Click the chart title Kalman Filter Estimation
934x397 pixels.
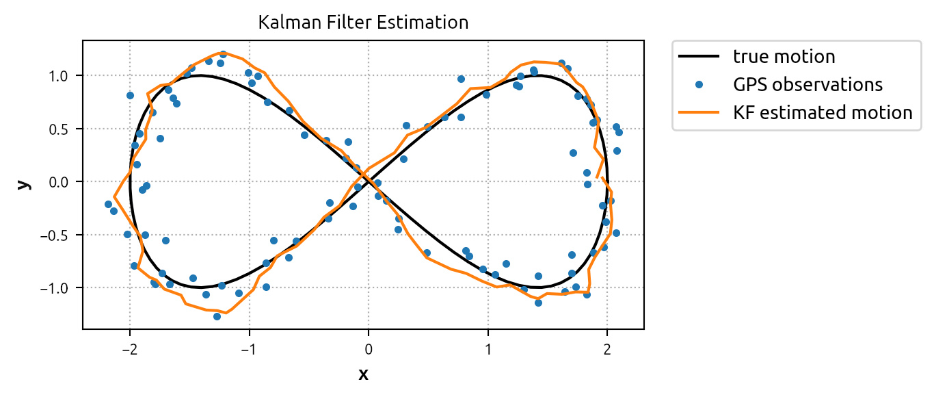tap(363, 22)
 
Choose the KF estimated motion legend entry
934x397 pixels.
tap(823, 112)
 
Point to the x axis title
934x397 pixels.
tap(363, 374)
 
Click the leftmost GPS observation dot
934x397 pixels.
tap(108, 204)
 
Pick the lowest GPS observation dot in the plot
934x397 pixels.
tap(217, 316)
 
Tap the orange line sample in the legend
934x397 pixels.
tap(700, 113)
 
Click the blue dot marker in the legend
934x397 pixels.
tap(700, 85)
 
